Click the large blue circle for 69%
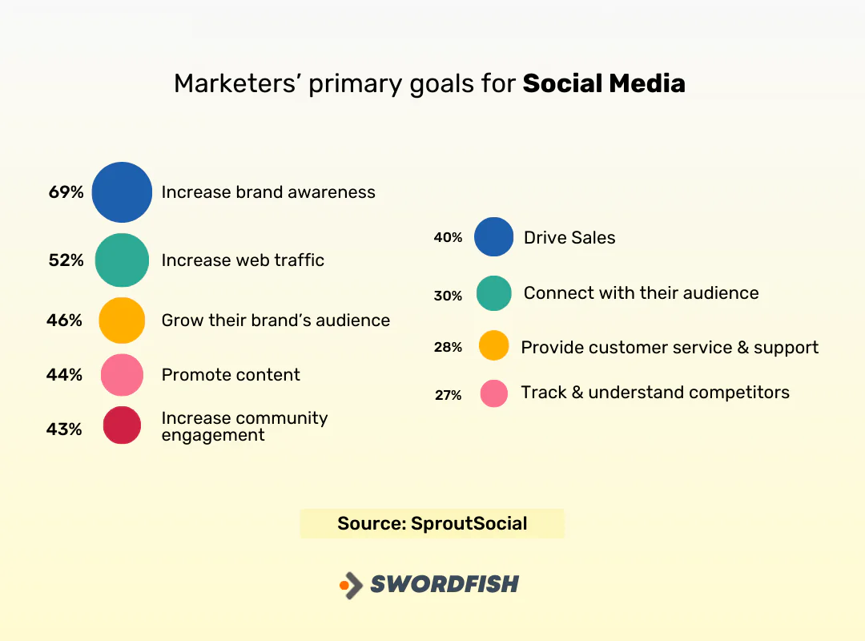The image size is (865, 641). click(x=122, y=192)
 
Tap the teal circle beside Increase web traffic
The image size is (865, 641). click(x=122, y=260)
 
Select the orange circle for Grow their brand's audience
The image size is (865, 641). click(x=122, y=320)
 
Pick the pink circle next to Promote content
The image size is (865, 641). click(x=122, y=375)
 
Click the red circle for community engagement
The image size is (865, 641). click(x=122, y=425)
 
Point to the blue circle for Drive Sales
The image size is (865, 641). click(x=493, y=237)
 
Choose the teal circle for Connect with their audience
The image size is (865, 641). click(x=493, y=293)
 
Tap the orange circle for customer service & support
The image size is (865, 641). click(x=493, y=345)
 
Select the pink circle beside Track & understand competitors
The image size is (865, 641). click(x=493, y=393)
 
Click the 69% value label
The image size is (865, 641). click(x=66, y=192)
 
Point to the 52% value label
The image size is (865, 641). click(x=66, y=260)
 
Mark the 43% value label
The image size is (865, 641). click(x=64, y=429)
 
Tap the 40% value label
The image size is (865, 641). click(x=449, y=238)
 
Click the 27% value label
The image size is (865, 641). click(x=449, y=395)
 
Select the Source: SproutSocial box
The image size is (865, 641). click(x=432, y=524)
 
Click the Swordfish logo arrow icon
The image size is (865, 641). click(x=350, y=585)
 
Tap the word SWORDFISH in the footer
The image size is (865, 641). click(x=445, y=584)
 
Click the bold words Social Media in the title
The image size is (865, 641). click(x=604, y=84)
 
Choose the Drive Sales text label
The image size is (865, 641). click(x=569, y=238)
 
